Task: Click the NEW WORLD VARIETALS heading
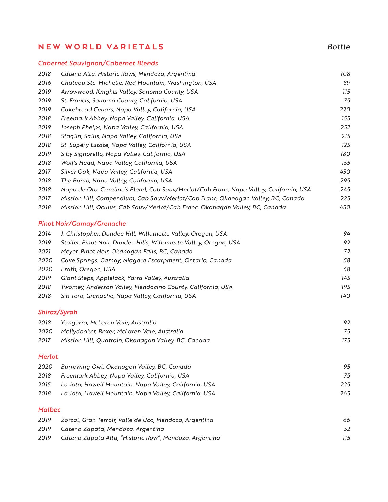click(101, 47)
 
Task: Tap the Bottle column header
click(339, 47)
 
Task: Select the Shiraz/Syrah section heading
click(58, 312)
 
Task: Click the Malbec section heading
click(49, 410)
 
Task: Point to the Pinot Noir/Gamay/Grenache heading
click(82, 224)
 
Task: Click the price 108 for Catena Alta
click(345, 74)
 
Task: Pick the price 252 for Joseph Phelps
click(345, 127)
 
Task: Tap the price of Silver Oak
click(345, 172)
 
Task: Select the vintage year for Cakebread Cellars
click(45, 110)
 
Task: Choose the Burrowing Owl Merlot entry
click(126, 367)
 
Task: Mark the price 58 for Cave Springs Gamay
click(347, 260)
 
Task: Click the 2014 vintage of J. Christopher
click(45, 234)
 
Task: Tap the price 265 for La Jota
click(345, 393)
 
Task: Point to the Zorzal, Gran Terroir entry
click(137, 420)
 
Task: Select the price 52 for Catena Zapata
click(347, 429)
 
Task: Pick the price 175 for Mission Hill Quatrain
click(346, 340)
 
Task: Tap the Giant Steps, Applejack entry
click(125, 278)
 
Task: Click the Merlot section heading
click(48, 357)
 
